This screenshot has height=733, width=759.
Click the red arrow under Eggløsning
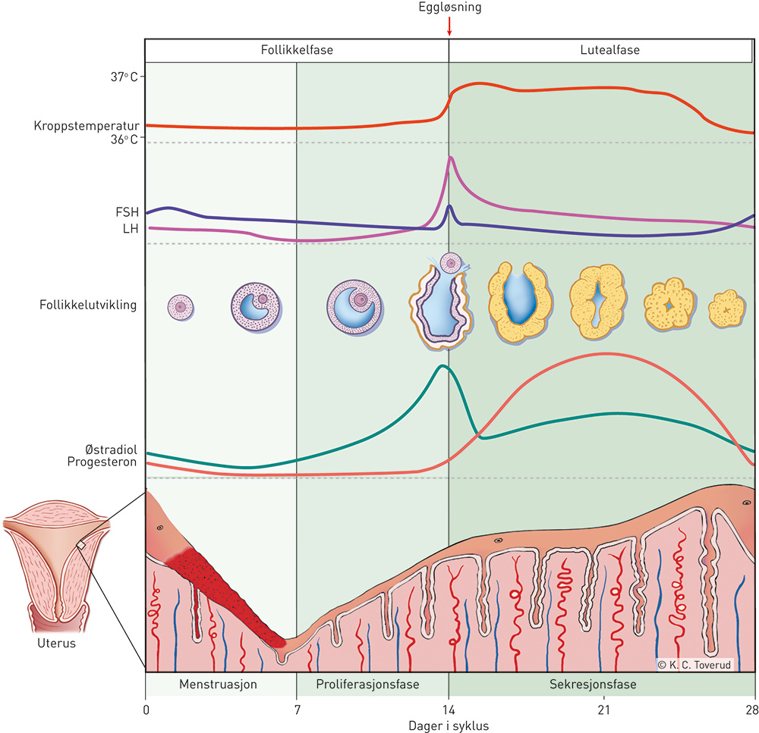[x=449, y=27]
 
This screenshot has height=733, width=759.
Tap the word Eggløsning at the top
[x=449, y=9]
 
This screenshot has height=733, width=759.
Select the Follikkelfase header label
[x=297, y=51]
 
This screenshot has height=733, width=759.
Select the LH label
[x=131, y=227]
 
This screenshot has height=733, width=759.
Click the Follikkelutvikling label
[x=88, y=305]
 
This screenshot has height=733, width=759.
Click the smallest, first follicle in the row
[x=181, y=306]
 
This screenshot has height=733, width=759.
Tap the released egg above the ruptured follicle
[x=451, y=264]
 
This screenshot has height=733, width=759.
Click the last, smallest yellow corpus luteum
[x=726, y=309]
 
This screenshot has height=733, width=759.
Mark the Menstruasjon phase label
[x=219, y=684]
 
